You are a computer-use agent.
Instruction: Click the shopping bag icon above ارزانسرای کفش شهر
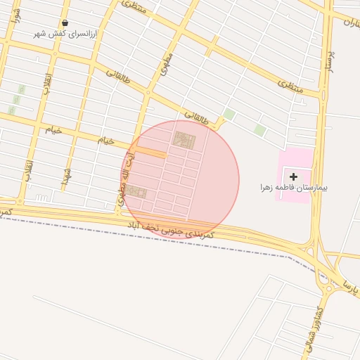65,22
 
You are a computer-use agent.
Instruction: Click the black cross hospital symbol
293,176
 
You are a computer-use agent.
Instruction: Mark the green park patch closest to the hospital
260,130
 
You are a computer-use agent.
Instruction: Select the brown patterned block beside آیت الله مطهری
136,192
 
